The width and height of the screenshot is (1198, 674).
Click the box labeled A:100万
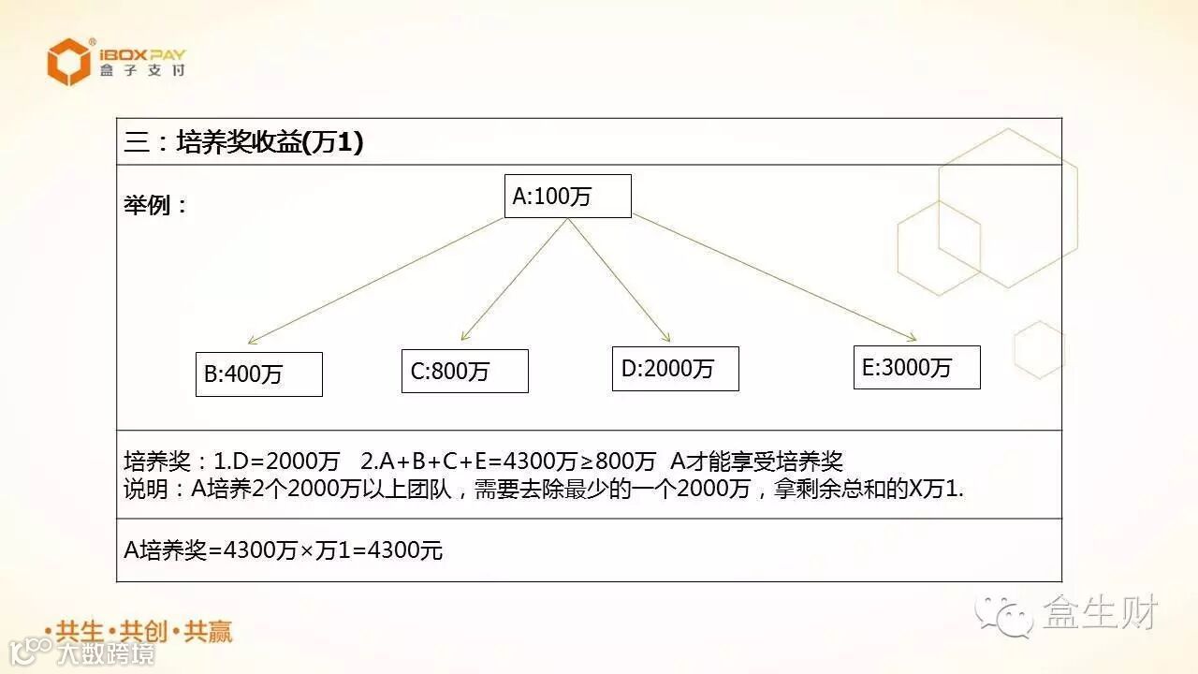[x=567, y=197]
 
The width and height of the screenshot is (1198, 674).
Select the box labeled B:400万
[x=258, y=374]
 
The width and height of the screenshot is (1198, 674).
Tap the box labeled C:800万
[x=464, y=372]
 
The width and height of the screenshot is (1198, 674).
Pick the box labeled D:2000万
[x=675, y=369]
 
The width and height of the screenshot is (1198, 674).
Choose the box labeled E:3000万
[x=916, y=367]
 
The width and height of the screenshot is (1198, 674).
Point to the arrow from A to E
[x=773, y=277]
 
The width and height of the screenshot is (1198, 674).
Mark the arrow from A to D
[x=620, y=279]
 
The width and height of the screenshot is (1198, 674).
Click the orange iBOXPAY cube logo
[x=69, y=62]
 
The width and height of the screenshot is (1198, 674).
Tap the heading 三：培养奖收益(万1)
[x=243, y=142]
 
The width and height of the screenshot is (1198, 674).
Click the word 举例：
[x=155, y=205]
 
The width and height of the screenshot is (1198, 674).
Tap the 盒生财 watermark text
[x=1101, y=613]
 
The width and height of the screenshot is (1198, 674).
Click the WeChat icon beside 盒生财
[x=1003, y=614]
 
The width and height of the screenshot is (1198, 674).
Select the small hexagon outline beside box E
[x=1039, y=350]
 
